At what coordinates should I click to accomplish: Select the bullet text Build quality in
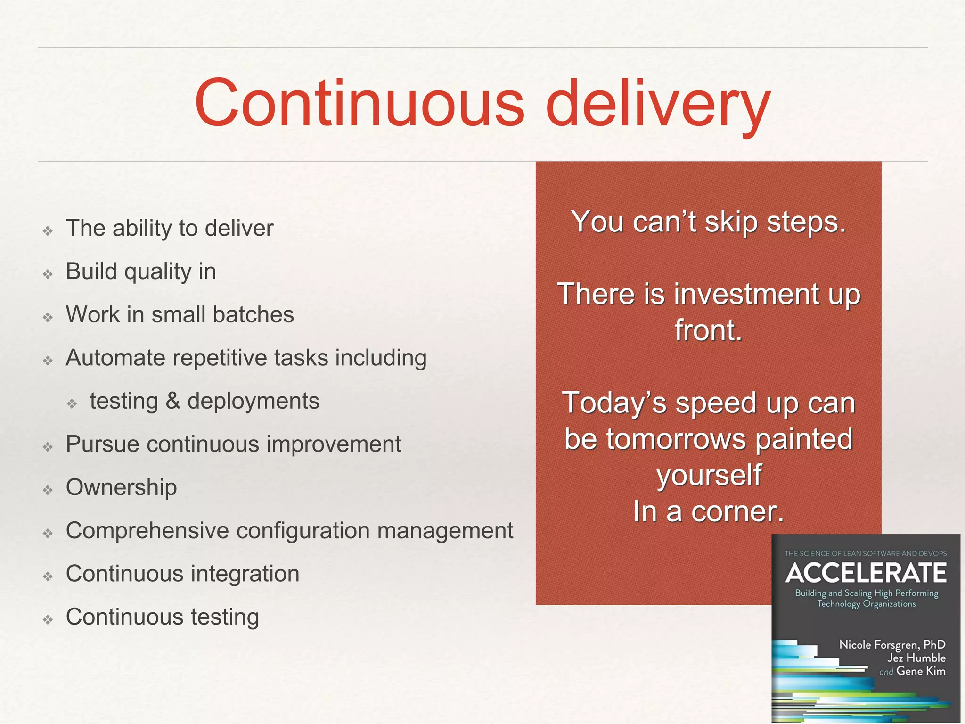tap(140, 271)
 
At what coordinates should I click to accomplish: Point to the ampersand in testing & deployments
tap(173, 402)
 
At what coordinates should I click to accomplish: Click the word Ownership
tap(121, 487)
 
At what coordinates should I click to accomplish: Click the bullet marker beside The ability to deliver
tap(48, 231)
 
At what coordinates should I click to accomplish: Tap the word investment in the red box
tap(747, 294)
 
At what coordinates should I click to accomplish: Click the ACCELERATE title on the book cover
tap(866, 573)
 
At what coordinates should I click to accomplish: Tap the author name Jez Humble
tap(916, 658)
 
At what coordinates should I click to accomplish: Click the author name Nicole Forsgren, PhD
tap(892, 644)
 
